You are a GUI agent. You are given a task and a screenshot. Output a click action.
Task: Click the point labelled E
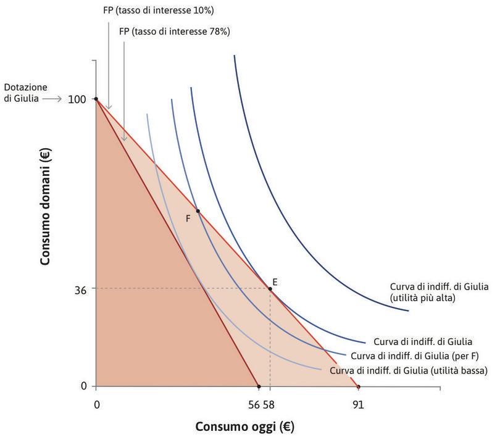pyautogui.click(x=270, y=289)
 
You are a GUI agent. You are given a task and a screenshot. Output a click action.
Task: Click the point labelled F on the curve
pyautogui.click(x=198, y=211)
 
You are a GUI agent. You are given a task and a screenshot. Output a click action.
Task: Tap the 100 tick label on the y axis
pyautogui.click(x=77, y=99)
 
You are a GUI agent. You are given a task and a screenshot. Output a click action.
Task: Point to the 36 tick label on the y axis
pyautogui.click(x=81, y=288)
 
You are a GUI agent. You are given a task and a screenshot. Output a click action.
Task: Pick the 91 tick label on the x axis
pyautogui.click(x=358, y=406)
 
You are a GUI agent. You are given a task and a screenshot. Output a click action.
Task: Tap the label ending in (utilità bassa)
pyautogui.click(x=409, y=371)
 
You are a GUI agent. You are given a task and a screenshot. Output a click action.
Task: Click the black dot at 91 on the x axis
pyautogui.click(x=359, y=387)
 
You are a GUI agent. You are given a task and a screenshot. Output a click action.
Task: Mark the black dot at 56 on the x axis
pyautogui.click(x=258, y=387)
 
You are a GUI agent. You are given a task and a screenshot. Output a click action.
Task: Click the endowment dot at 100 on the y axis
pyautogui.click(x=96, y=99)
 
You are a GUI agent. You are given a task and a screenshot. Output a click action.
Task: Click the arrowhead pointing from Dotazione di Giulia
pyautogui.click(x=60, y=99)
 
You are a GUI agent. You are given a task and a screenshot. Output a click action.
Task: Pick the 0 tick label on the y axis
pyautogui.click(x=84, y=386)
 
